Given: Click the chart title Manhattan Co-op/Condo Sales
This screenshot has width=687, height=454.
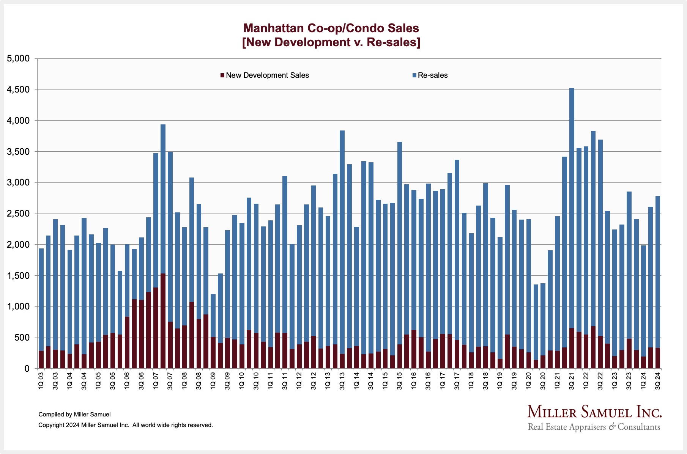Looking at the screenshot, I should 331,28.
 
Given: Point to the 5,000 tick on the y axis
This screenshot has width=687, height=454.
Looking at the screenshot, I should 18,59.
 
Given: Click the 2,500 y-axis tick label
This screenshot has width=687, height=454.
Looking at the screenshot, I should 18,214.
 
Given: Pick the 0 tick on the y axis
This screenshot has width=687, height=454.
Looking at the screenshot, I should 27,369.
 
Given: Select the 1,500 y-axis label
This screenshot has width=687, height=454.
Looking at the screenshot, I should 18,276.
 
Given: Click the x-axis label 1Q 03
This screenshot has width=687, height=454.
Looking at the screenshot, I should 41,381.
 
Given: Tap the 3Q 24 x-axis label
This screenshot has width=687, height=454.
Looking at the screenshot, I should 658,381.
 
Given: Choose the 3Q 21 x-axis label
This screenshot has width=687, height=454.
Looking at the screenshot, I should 572,381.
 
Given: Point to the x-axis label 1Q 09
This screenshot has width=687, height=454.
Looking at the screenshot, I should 213,381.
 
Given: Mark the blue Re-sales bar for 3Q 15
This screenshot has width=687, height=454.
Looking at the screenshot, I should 400,243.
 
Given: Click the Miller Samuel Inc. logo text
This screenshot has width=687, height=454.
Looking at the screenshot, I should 594,412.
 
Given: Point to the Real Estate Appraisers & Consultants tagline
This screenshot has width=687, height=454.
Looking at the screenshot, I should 594,427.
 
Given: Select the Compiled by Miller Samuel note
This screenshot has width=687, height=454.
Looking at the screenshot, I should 74,415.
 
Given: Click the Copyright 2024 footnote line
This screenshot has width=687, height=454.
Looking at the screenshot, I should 126,425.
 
